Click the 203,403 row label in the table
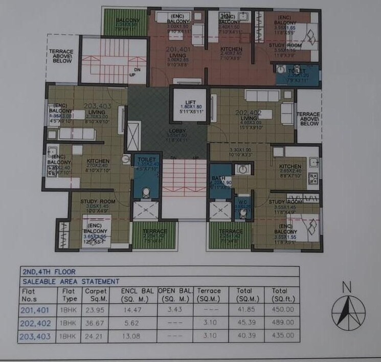(x=35, y=336)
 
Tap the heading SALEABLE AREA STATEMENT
(x=71, y=281)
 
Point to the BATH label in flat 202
(x=217, y=178)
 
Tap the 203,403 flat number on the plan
(x=97, y=106)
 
